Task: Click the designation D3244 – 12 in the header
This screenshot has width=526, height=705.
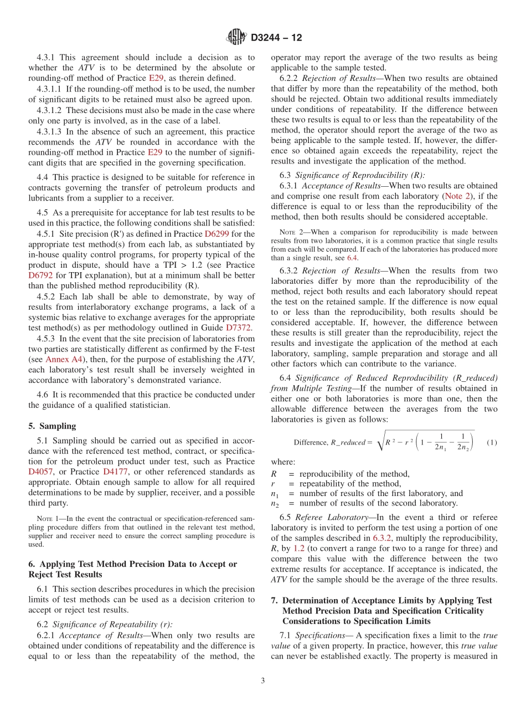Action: click(x=276, y=38)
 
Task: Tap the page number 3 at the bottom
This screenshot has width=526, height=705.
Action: click(x=263, y=681)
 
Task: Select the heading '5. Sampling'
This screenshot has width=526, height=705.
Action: click(x=52, y=426)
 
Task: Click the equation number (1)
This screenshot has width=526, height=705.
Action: click(x=491, y=442)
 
